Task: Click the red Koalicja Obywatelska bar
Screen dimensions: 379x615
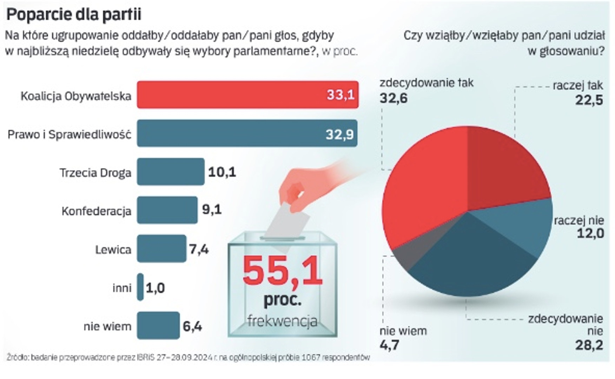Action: tap(247, 95)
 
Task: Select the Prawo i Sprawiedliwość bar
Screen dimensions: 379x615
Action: tap(247, 133)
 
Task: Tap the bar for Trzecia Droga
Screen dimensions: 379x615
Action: tap(171, 172)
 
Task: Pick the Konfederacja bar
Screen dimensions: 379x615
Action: tap(167, 210)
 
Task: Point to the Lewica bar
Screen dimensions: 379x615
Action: tap(161, 248)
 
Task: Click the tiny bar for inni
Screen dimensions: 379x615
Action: tap(140, 287)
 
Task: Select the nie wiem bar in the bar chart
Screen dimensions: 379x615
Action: tap(158, 325)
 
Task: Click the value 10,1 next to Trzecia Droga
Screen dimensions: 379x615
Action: tap(222, 172)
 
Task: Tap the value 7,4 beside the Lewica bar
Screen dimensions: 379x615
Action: tap(199, 249)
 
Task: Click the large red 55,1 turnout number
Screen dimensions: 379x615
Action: tap(282, 271)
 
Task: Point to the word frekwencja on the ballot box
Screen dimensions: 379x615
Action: tap(282, 321)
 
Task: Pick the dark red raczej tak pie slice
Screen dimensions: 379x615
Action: tap(505, 168)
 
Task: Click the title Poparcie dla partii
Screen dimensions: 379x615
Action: tap(74, 15)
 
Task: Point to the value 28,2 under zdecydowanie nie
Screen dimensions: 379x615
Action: tap(589, 345)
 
